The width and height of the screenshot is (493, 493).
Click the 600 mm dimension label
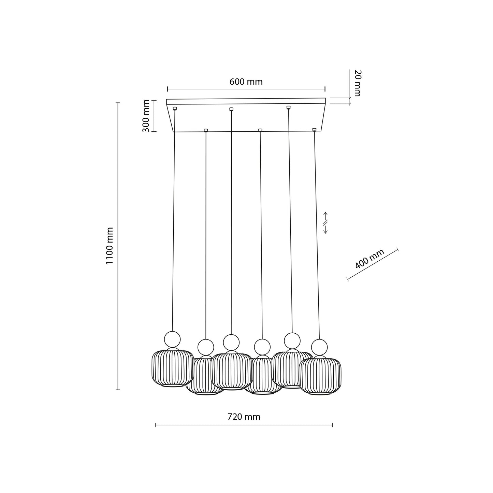pos(246,82)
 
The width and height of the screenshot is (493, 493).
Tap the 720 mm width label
pos(244,417)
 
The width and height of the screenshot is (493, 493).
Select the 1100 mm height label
pos(110,246)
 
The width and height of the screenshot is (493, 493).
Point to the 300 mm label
pos(146,116)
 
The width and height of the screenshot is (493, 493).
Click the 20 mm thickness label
pos(357,83)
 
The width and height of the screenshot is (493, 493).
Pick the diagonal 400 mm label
pos(369,259)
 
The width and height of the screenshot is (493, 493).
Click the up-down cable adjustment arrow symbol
pos(325,222)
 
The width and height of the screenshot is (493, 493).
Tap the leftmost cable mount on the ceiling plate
pos(175,108)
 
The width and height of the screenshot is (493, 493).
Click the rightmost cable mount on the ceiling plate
pos(314,130)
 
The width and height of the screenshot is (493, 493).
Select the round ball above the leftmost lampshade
pos(172,339)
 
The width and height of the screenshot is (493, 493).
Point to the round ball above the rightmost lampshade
pos(319,347)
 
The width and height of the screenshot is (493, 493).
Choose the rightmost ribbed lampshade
pos(320,375)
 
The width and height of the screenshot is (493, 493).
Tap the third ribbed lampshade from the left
pos(231,371)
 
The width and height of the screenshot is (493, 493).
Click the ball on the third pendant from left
pos(231,342)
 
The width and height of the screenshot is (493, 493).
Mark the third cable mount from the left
pos(231,109)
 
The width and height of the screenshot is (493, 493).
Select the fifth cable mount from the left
pos(288,107)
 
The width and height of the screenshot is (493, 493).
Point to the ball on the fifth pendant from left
pos(292,340)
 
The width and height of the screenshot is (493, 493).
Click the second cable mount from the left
pos(206,130)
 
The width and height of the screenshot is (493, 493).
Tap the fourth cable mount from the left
pos(260,130)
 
